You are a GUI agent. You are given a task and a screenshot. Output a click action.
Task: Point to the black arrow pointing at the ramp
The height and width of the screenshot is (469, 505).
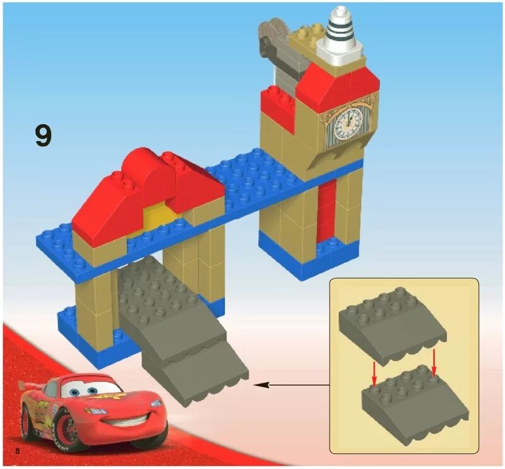290,383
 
